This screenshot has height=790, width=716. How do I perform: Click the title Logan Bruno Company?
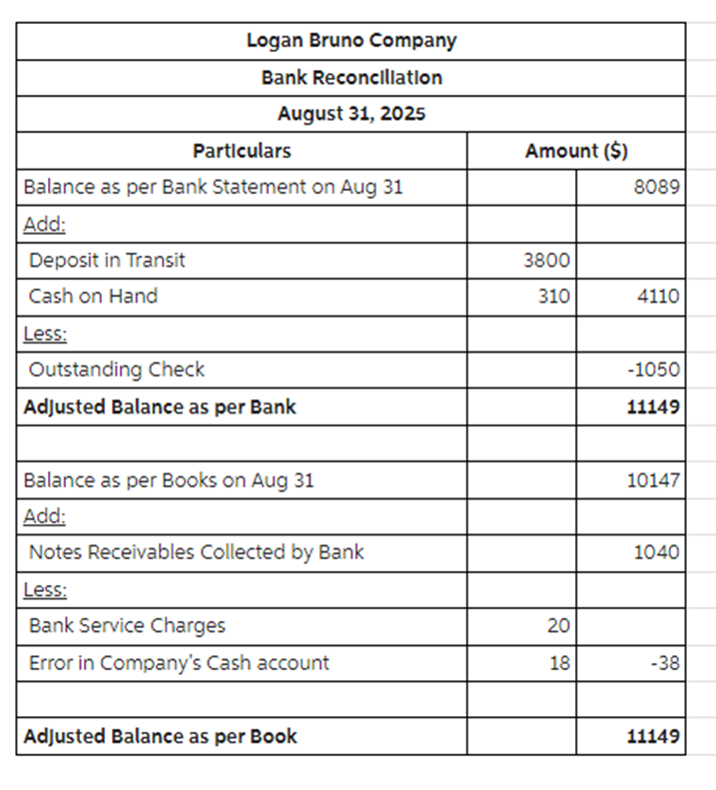(x=351, y=41)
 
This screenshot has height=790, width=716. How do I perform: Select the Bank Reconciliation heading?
(x=351, y=77)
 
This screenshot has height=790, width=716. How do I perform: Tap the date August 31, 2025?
(x=351, y=113)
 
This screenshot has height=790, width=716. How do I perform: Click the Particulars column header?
(x=242, y=151)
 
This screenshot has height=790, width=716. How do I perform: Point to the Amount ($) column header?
(x=576, y=151)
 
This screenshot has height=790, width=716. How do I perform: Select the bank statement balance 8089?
(x=658, y=187)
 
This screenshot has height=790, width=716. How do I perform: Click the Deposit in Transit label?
(x=107, y=260)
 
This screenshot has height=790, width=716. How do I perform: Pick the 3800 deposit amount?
(x=546, y=261)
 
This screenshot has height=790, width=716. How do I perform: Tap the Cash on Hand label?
(x=93, y=296)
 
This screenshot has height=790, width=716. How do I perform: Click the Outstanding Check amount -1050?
(x=654, y=370)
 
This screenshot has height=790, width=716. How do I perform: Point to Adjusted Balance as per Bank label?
(x=160, y=406)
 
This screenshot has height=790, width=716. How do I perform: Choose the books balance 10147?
(x=653, y=480)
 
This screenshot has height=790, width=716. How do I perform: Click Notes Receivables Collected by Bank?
(x=196, y=551)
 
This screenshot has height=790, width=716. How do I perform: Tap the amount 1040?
(x=657, y=552)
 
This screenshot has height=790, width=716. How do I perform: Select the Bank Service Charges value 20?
(x=558, y=626)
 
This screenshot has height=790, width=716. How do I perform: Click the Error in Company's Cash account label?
(x=179, y=662)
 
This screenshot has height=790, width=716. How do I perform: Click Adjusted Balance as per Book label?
(x=160, y=737)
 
